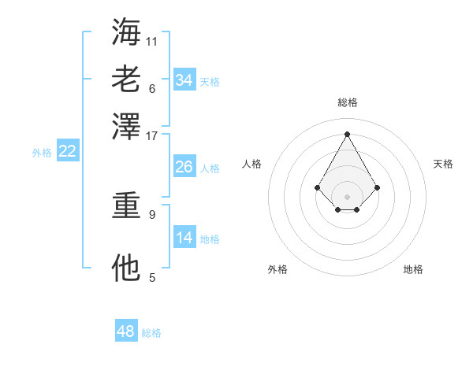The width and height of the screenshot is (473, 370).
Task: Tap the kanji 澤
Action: point(126,126)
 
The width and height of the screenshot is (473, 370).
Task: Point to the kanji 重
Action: point(126,205)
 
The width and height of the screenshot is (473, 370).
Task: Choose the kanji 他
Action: point(126,268)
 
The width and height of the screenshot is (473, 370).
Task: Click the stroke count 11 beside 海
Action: point(152,40)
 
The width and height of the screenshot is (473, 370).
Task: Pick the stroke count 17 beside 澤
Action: point(152,135)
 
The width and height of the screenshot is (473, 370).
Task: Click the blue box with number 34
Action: point(184,80)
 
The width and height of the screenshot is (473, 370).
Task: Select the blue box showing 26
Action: point(184,167)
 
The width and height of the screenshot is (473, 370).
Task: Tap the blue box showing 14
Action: point(184,238)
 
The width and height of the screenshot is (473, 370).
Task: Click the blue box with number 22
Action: point(67,152)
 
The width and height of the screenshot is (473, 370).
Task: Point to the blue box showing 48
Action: point(125,331)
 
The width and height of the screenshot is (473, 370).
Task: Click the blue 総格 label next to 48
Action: point(151,333)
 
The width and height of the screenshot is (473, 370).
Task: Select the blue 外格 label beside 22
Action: point(42,153)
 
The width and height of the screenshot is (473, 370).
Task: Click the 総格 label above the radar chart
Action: point(347,102)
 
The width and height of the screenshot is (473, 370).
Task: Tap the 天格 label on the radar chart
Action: point(443,164)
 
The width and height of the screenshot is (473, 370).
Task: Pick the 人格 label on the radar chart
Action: point(251,164)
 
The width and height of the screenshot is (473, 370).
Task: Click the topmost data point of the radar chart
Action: point(347,134)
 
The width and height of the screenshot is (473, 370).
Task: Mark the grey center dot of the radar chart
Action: point(347,196)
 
